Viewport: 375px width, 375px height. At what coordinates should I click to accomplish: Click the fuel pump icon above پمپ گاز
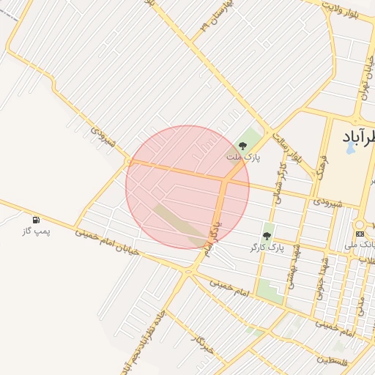pos(36,220)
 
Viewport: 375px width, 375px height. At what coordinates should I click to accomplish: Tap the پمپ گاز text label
pos(36,231)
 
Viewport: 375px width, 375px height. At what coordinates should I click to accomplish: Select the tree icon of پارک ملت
pos(242,146)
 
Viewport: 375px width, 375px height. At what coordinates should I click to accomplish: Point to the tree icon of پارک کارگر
pos(266,237)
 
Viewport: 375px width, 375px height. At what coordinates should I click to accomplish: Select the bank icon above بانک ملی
pos(360,233)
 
